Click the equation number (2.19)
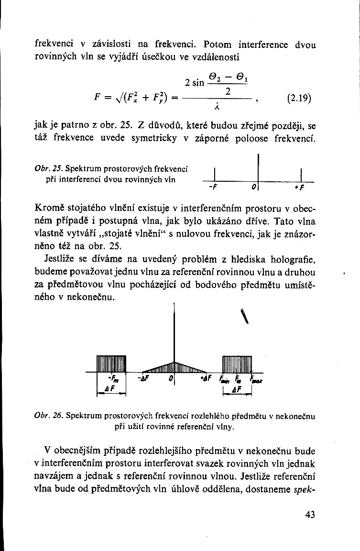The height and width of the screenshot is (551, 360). tap(300, 99)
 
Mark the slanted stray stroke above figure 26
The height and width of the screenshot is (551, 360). tap(245, 316)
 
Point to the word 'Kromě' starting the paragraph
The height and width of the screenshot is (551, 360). tap(50, 209)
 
